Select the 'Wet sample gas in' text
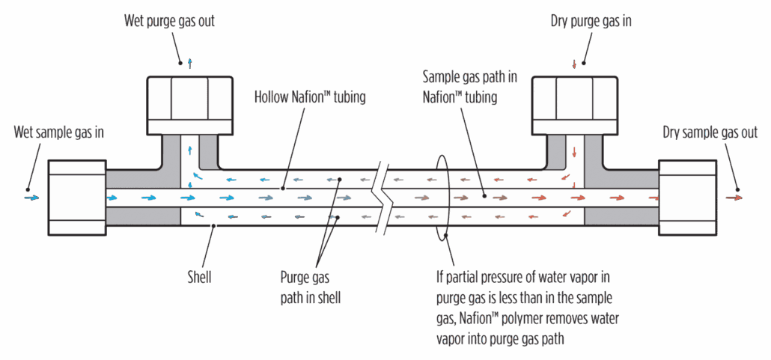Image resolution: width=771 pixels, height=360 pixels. [x=59, y=133]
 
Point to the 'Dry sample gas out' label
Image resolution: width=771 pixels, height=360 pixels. [x=710, y=133]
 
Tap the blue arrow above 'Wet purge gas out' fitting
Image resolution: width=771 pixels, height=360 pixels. [x=190, y=64]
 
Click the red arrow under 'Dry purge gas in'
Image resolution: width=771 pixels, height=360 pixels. [x=574, y=64]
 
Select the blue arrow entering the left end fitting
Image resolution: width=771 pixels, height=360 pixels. [x=31, y=198]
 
